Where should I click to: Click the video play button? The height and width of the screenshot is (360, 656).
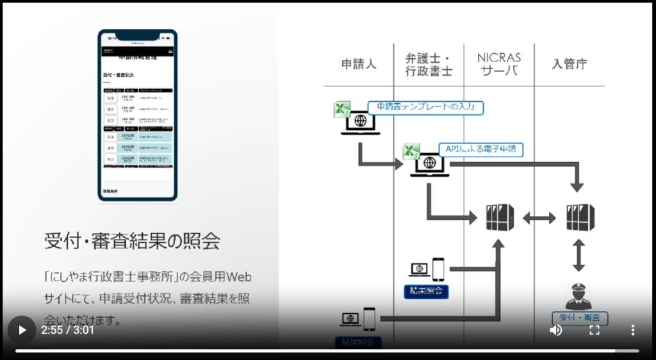22,330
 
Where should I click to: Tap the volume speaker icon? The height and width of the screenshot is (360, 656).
556,330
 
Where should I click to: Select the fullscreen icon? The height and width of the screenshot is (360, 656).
594,330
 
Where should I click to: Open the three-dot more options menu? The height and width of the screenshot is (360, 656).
633,330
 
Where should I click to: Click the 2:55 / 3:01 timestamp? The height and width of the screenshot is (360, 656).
67,331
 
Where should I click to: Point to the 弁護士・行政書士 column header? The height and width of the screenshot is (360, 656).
429,64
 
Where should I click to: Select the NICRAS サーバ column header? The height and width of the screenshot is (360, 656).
499,64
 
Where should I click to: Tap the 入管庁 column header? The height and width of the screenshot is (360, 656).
569,64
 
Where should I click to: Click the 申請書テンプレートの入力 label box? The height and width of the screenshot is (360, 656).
425,107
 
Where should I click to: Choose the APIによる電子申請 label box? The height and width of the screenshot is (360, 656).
480,149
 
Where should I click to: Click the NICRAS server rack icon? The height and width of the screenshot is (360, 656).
500,218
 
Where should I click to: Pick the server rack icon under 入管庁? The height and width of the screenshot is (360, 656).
580,218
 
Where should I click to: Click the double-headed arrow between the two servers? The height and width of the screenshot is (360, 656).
539,218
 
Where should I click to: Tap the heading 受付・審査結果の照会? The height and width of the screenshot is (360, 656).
132,241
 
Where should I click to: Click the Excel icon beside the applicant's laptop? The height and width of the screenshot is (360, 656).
342,110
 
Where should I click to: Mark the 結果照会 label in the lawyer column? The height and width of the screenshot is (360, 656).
426,291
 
